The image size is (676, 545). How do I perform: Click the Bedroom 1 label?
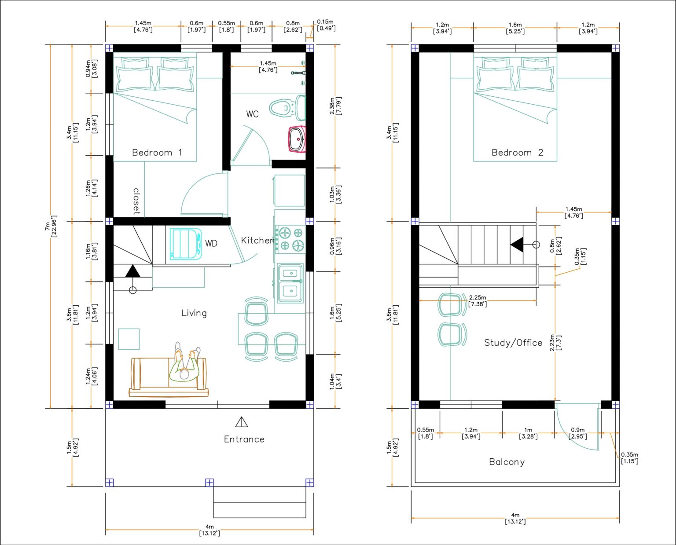pyautogui.click(x=157, y=153)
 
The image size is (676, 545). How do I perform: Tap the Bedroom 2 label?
pyautogui.click(x=517, y=153)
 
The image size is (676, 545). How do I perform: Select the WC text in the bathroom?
pyautogui.click(x=252, y=114)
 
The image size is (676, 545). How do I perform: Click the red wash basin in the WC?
pyautogui.click(x=297, y=139)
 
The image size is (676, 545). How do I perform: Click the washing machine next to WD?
pyautogui.click(x=186, y=244)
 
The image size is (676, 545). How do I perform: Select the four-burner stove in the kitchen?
pyautogui.click(x=290, y=239)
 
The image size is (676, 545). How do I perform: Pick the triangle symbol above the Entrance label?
pyautogui.click(x=241, y=422)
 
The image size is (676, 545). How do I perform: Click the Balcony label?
pyautogui.click(x=507, y=462)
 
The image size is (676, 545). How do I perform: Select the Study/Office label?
pyautogui.click(x=513, y=343)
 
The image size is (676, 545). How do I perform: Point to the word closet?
pyautogui.click(x=136, y=201)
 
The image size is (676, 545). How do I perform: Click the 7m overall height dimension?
pyautogui.click(x=51, y=227)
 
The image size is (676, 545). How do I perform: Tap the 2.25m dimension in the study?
pyautogui.click(x=478, y=300)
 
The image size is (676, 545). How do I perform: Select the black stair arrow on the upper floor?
pyautogui.click(x=517, y=245)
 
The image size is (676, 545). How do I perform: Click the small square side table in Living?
pyautogui.click(x=129, y=339)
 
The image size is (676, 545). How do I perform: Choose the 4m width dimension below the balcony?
pyautogui.click(x=515, y=518)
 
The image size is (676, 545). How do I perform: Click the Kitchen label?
pyautogui.click(x=257, y=241)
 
